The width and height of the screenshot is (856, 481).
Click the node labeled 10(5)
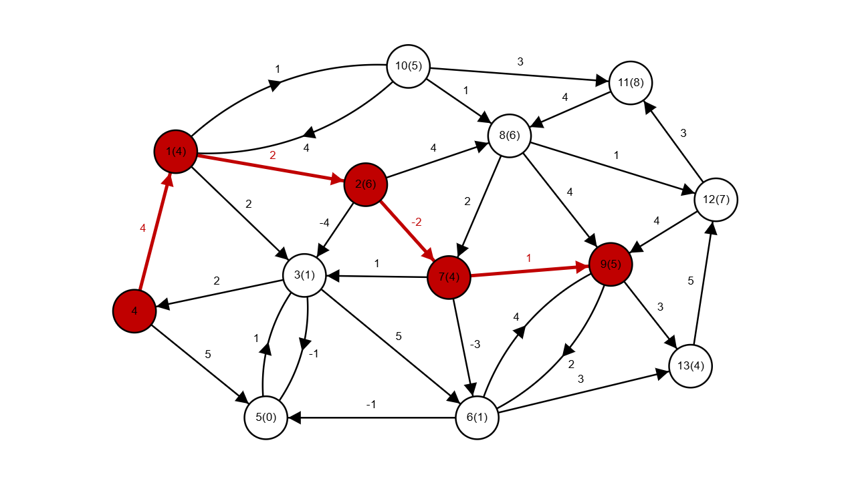click(408, 66)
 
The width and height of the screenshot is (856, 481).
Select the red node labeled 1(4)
click(175, 152)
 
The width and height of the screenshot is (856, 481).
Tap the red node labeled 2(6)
click(365, 184)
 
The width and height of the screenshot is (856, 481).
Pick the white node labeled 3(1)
click(304, 275)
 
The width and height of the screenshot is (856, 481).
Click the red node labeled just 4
click(134, 311)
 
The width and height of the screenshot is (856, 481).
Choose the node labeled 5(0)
click(265, 418)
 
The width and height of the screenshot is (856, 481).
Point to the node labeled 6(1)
click(477, 418)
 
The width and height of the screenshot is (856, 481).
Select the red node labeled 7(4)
click(449, 277)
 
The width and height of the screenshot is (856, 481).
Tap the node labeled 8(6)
click(510, 136)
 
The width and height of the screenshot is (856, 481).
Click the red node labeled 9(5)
click(611, 265)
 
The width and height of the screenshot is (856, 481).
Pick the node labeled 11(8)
click(631, 83)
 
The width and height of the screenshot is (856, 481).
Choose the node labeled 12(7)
click(716, 199)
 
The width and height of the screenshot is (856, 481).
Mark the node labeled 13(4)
click(690, 367)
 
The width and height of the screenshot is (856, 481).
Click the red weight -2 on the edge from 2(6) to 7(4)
click(416, 222)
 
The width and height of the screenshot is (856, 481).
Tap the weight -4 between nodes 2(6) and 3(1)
click(324, 222)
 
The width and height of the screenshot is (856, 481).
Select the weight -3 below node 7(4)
click(475, 345)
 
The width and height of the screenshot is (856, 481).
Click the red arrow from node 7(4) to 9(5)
click(528, 271)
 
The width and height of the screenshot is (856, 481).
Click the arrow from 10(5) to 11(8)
click(518, 74)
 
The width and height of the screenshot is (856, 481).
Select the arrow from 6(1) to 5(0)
click(374, 418)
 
